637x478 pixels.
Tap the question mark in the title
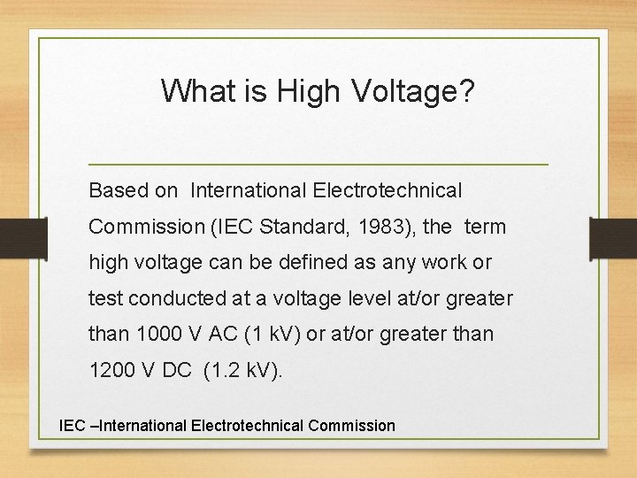point(466,90)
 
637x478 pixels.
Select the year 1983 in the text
point(382,227)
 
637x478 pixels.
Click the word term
point(485,227)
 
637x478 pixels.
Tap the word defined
point(330,263)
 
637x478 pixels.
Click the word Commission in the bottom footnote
point(351,426)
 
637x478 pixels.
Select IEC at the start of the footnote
point(72,426)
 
